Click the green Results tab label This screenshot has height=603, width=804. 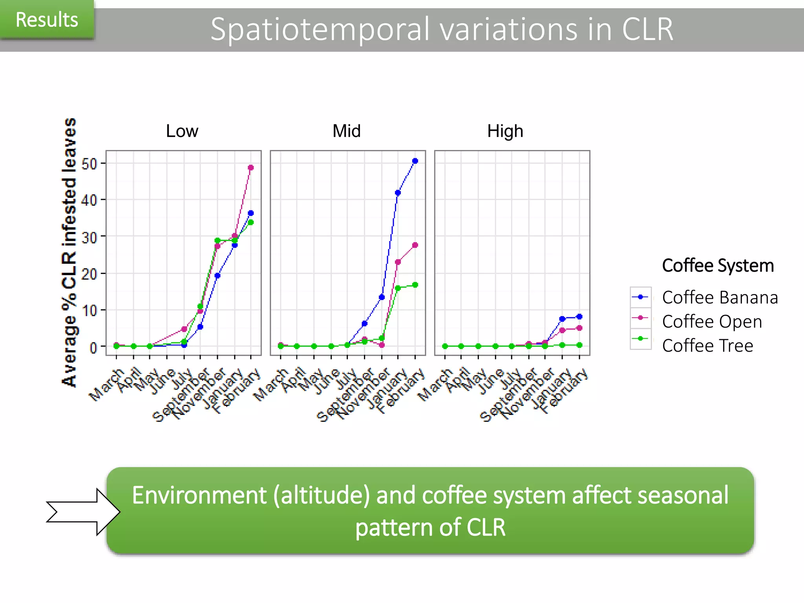click(x=47, y=20)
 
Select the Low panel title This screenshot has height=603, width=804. click(x=182, y=131)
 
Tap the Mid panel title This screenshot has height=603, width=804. click(x=346, y=131)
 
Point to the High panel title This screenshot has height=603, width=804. click(x=505, y=131)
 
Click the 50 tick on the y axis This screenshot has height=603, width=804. click(x=90, y=164)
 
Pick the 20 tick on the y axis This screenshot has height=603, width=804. click(x=90, y=274)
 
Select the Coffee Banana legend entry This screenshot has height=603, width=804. click(x=720, y=298)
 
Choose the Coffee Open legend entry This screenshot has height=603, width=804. click(x=712, y=322)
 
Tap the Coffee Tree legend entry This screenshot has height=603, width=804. click(x=707, y=346)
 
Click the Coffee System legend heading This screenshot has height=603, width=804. click(x=718, y=266)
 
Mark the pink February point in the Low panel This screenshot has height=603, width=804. click(x=251, y=168)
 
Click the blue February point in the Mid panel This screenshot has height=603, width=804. click(x=415, y=161)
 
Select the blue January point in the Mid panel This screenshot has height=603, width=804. click(x=398, y=193)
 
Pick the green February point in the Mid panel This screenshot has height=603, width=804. click(x=415, y=285)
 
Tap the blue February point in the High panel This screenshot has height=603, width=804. click(x=579, y=317)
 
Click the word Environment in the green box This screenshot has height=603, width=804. click(x=199, y=495)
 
